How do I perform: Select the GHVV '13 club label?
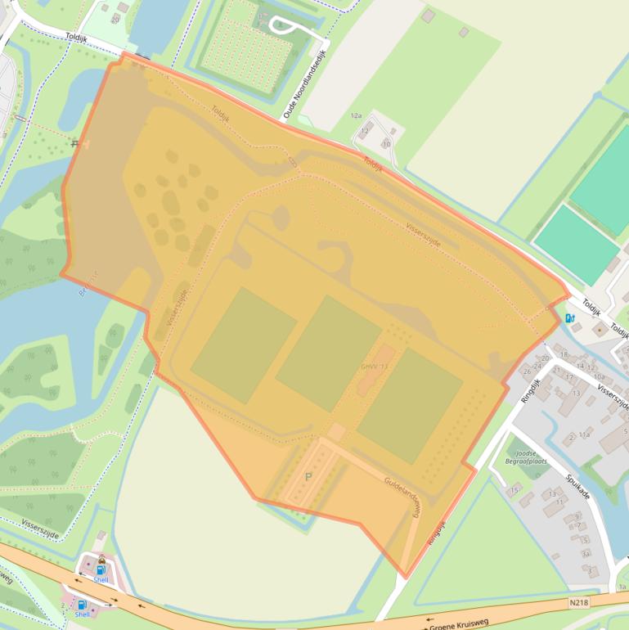(x=374, y=366)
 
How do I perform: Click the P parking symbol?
(x=308, y=476)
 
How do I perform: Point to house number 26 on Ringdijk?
(x=527, y=371)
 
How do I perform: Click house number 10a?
(x=599, y=376)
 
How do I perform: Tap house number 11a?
(x=584, y=435)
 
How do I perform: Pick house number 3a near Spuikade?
(x=586, y=553)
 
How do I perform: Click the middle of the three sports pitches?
(x=328, y=353)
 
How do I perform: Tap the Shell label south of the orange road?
(x=82, y=613)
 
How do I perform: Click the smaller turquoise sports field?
(x=576, y=245)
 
